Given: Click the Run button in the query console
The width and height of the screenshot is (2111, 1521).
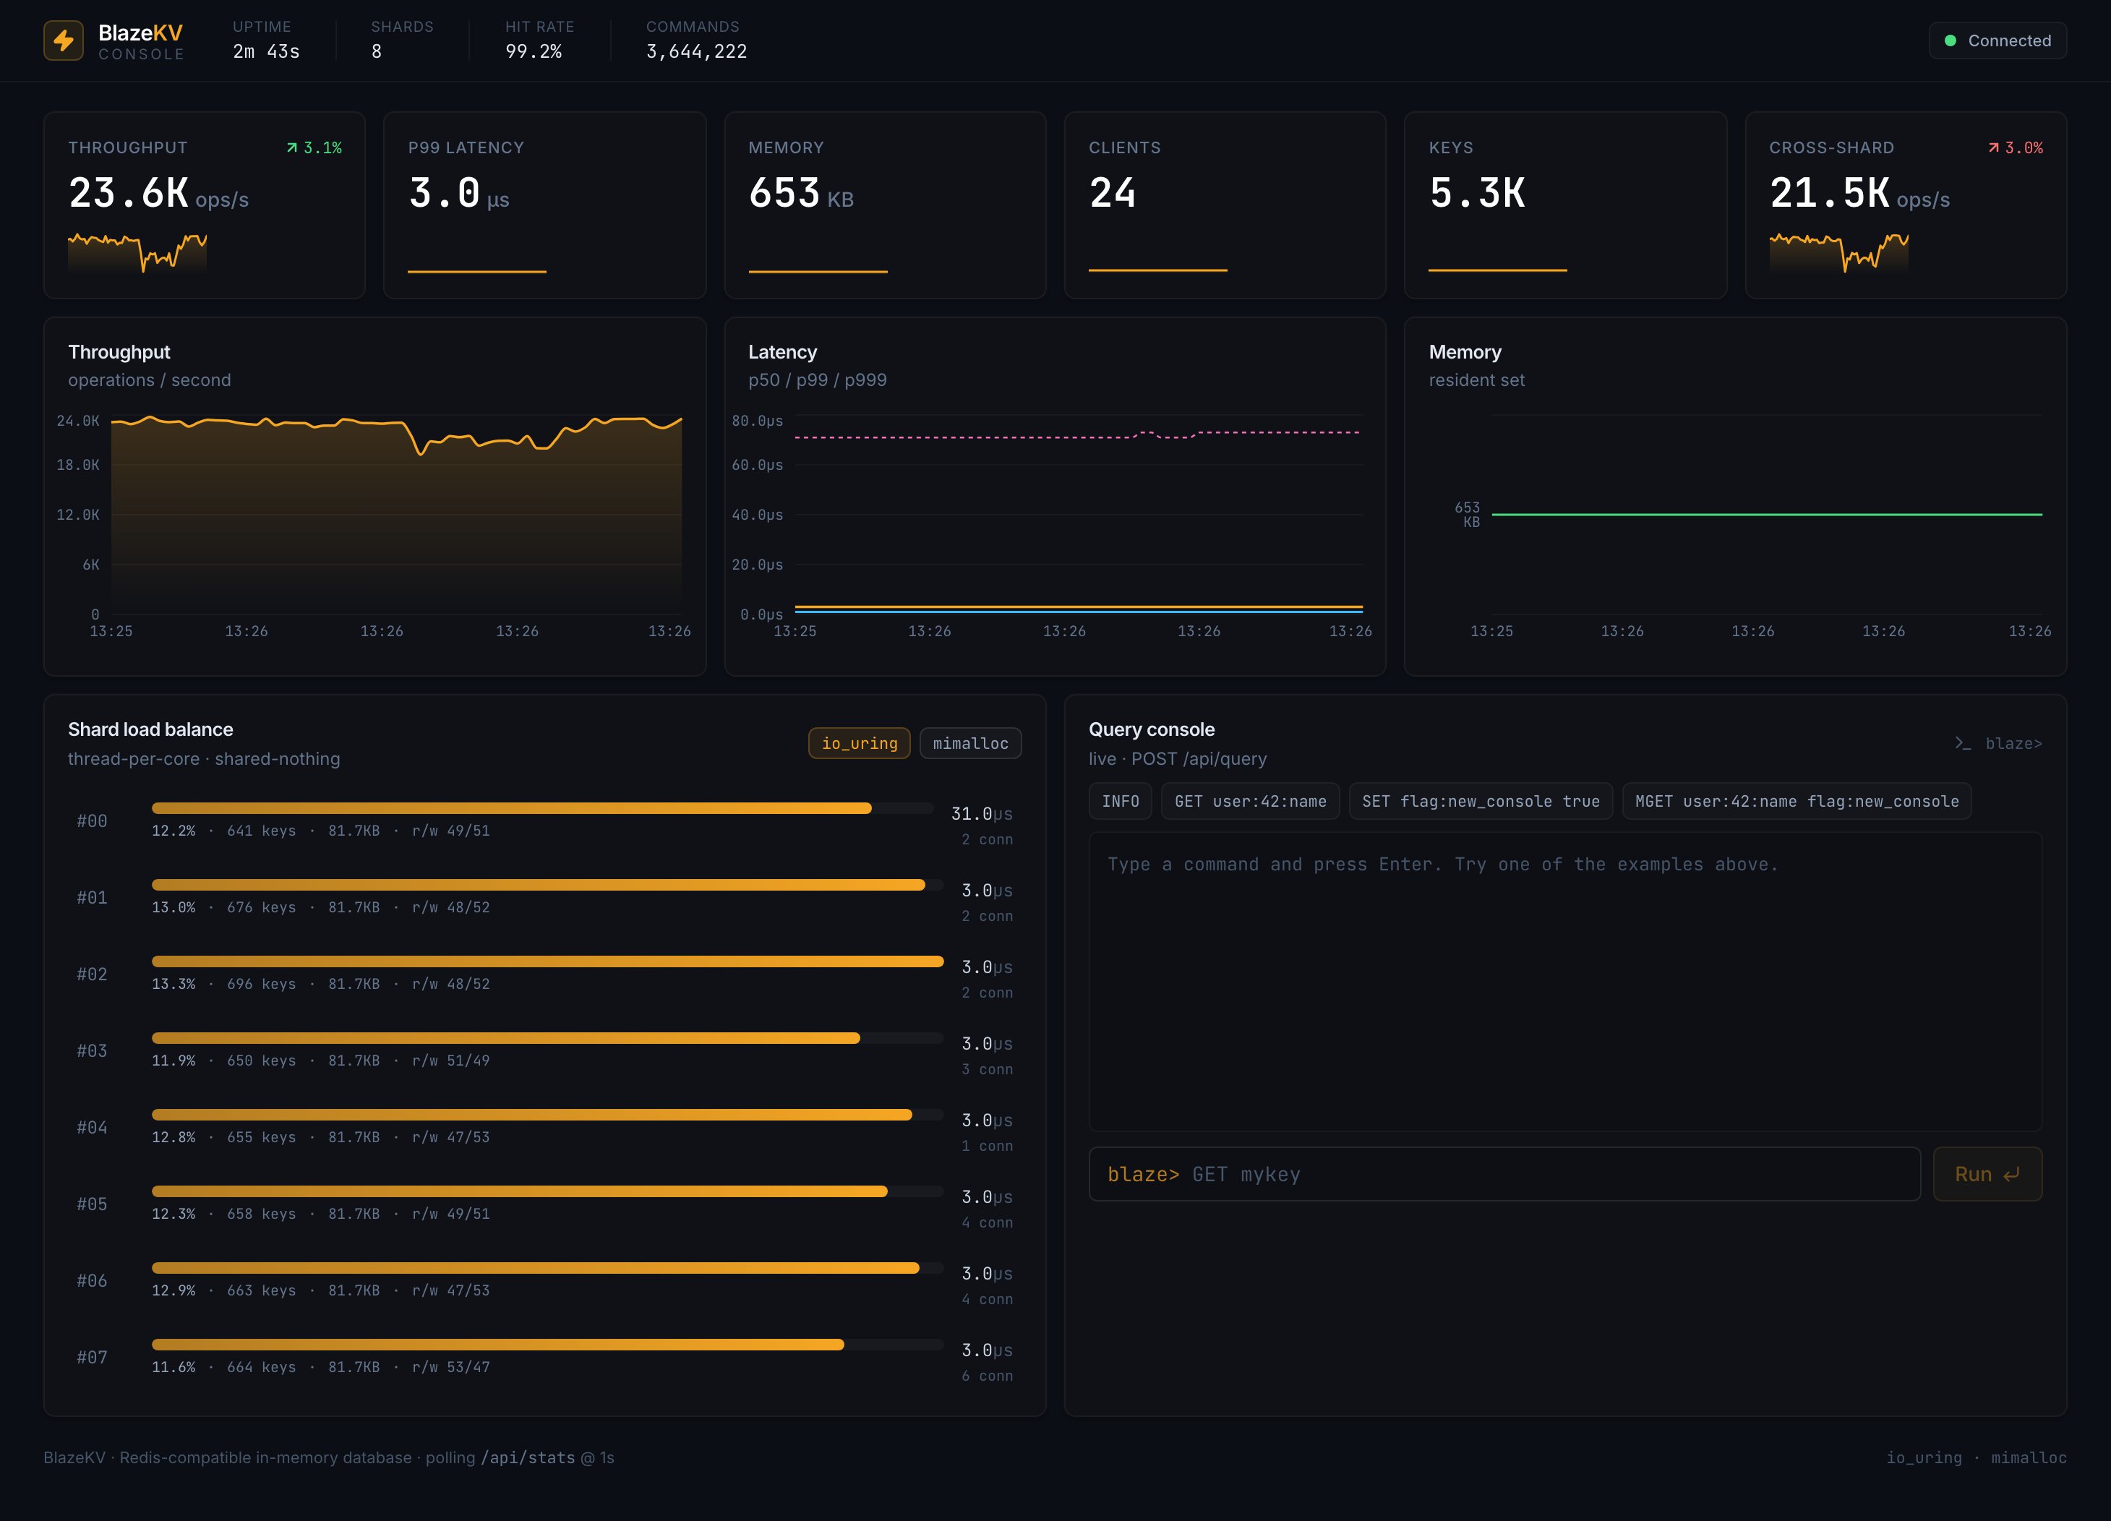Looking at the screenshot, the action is click(1987, 1174).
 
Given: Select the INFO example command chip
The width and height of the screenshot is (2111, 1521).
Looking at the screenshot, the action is click(1120, 802).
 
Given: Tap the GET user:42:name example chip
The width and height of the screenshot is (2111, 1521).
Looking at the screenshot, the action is click(1250, 802).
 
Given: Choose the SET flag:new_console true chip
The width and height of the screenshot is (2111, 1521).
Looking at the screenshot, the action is click(1481, 802).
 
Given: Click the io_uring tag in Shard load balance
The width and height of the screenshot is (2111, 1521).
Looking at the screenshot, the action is click(859, 743).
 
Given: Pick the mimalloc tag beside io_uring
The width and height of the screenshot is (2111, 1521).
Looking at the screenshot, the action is click(970, 743).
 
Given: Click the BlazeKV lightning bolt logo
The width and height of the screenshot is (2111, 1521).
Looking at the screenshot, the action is click(64, 40).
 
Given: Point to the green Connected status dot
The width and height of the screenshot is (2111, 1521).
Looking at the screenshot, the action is click(1950, 40).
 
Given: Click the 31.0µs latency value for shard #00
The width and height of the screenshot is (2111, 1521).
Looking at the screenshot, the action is click(981, 813).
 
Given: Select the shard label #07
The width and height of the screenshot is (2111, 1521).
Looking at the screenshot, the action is click(92, 1357).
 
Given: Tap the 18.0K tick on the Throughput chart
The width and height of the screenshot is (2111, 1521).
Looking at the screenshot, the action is click(78, 465).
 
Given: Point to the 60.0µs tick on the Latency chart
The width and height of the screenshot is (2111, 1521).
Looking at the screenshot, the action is click(757, 465).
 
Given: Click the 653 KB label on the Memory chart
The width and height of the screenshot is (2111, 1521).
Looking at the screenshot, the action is click(1467, 514).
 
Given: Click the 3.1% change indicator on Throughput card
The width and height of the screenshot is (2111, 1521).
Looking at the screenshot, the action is click(314, 148).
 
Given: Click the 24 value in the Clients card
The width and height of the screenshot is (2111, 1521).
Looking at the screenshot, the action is click(1113, 193).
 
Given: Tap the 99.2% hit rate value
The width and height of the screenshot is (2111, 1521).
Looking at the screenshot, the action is click(534, 51).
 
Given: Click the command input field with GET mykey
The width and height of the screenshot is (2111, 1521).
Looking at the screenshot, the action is click(1504, 1174).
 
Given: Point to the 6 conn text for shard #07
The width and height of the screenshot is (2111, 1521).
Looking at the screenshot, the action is click(987, 1376).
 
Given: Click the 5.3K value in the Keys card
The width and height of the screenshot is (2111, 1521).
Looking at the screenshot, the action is click(1477, 193).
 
